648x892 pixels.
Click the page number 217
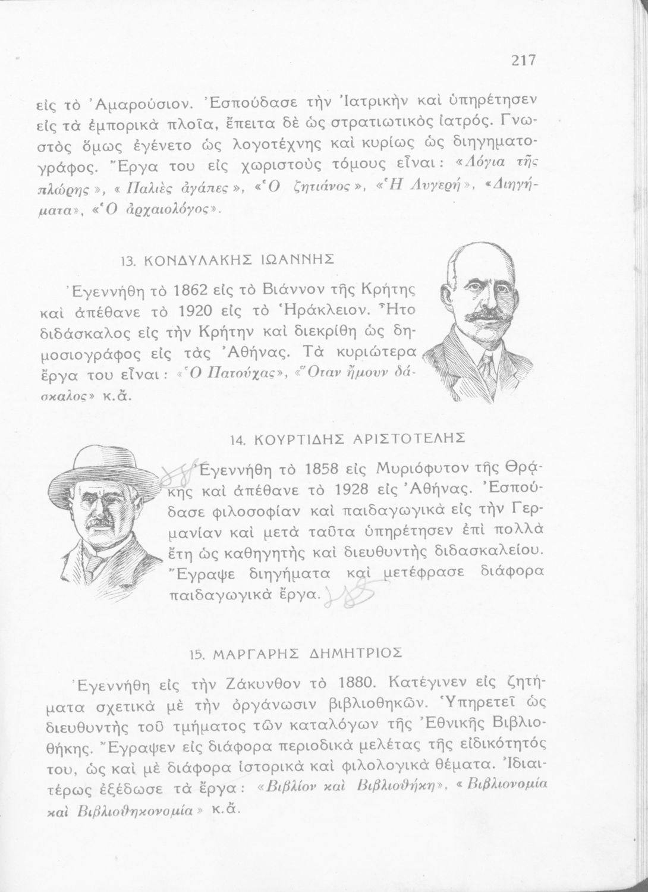pos(523,60)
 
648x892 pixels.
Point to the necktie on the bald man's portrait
pos(486,362)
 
